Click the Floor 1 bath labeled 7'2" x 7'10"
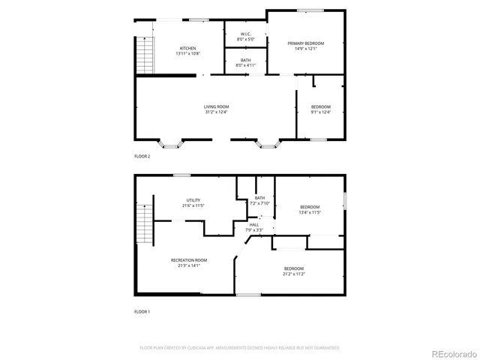(259, 200)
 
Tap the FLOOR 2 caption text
(142, 157)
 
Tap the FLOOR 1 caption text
(142, 311)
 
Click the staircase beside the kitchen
(143, 56)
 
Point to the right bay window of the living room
(266, 142)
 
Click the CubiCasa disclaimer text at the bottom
(240, 348)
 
